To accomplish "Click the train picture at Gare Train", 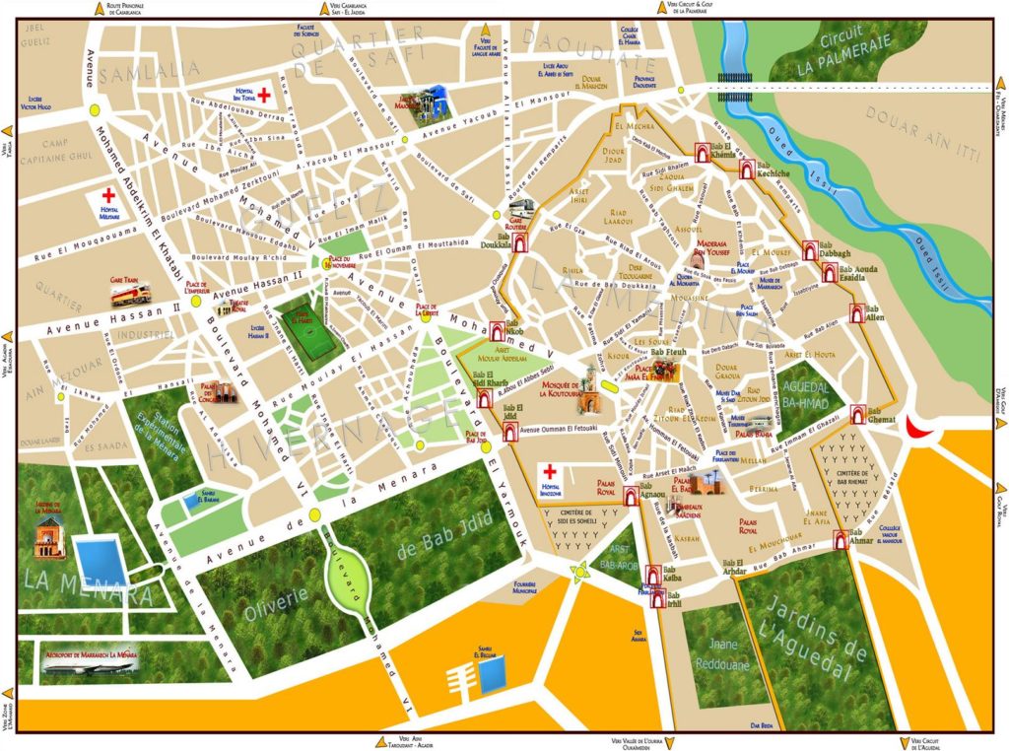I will pos(131,294).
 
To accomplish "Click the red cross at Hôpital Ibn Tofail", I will pos(264,89).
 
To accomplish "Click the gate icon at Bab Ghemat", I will pos(857,414).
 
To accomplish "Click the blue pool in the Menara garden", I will pos(100,560).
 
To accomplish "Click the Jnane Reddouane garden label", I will pos(724,655).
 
